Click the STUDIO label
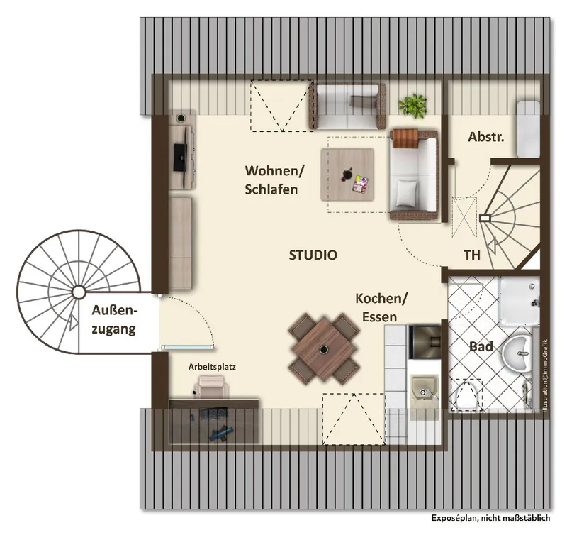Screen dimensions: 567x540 click(313, 255)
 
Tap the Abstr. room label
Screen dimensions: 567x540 click(486, 137)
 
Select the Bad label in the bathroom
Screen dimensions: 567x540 click(481, 347)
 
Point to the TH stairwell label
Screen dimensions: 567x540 click(472, 255)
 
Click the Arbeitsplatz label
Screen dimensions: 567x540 click(212, 367)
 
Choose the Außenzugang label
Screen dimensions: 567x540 click(115, 320)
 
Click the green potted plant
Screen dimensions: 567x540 click(412, 105)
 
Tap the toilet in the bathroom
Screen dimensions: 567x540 click(467, 395)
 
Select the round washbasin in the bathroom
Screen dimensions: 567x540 click(517, 353)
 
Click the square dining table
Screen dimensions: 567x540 click(323, 349)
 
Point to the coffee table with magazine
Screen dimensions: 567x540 click(347, 175)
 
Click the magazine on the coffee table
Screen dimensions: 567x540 click(360, 184)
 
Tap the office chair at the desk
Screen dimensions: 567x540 click(212, 387)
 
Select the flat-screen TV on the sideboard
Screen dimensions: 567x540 click(181, 157)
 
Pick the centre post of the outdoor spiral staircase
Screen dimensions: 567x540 click(79, 292)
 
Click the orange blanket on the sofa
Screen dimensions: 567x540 click(405, 138)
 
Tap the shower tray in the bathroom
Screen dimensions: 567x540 click(520, 299)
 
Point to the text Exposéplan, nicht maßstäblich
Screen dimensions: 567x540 click(490, 518)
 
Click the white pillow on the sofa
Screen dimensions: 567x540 click(407, 193)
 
